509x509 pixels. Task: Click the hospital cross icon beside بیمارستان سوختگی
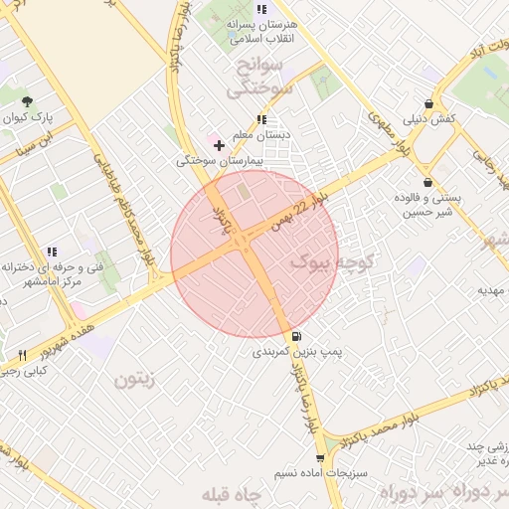click(x=219, y=145)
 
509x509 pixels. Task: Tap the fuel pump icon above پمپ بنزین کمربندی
click(x=297, y=336)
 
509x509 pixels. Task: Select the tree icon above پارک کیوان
click(x=27, y=101)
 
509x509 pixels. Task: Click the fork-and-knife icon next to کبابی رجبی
click(x=22, y=355)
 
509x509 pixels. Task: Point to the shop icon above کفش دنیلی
click(x=428, y=103)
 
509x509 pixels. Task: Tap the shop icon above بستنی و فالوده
click(x=427, y=182)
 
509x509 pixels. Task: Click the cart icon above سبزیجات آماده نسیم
click(x=319, y=458)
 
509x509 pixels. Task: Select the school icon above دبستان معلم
click(x=260, y=119)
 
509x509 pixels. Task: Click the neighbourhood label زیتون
click(x=136, y=378)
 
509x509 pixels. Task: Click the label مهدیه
click(x=493, y=290)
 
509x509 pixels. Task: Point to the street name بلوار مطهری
click(x=389, y=131)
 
